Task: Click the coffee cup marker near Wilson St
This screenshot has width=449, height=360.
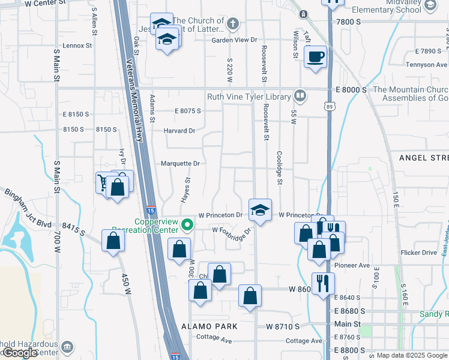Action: coord(315,57)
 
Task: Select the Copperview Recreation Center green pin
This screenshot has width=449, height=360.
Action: coord(187,226)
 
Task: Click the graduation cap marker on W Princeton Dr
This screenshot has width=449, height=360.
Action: coord(260,210)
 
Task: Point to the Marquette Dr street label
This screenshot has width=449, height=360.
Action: coord(180,163)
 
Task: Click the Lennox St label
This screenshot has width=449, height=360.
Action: coord(77,45)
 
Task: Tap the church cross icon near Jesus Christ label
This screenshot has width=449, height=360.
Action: coord(234,24)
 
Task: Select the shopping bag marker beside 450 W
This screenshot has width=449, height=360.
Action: coord(113,241)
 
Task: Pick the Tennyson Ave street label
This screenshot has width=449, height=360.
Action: coord(427,65)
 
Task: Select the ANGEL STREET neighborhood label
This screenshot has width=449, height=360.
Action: coord(424,157)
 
